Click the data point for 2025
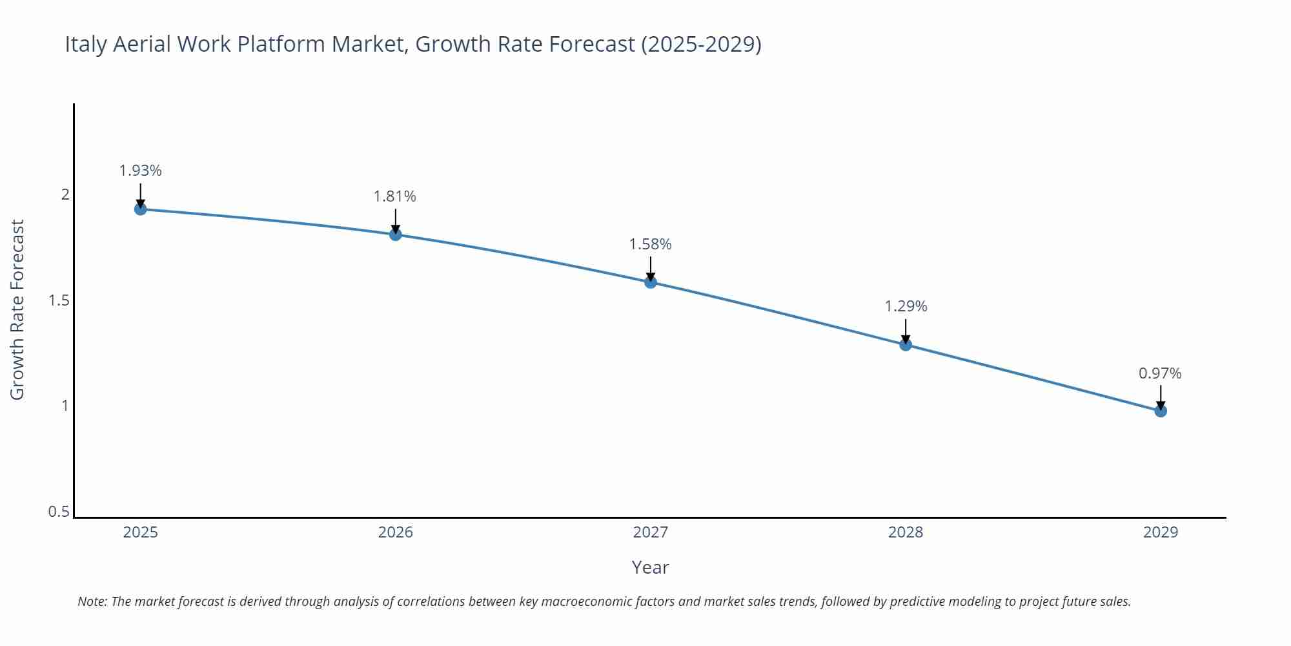140,209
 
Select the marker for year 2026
396,234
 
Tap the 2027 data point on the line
651,282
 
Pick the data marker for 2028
906,344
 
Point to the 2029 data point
1161,411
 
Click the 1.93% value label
140,171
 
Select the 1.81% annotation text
395,196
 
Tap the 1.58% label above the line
651,244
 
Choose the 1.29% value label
906,306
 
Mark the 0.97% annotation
1160,373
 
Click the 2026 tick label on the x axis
396,532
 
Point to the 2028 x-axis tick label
906,532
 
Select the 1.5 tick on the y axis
59,300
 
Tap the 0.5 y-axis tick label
59,512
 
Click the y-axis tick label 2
65,194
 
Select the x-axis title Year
651,567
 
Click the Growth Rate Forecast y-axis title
17,309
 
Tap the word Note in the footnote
92,601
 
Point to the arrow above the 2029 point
1161,396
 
